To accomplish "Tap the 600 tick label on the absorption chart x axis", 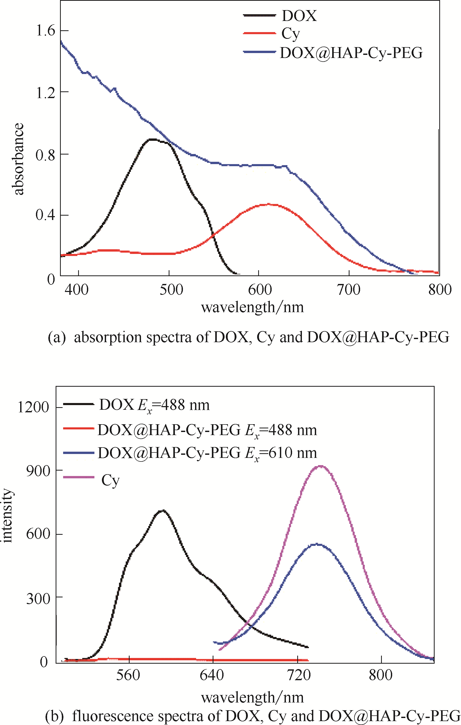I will [x=260, y=289].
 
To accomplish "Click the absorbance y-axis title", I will [x=18, y=159].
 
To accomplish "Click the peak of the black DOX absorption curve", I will [x=153, y=140].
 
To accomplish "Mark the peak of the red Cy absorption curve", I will [x=269, y=204].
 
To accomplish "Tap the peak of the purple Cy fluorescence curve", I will [x=321, y=466].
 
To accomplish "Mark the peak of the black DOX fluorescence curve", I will [x=162, y=510].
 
